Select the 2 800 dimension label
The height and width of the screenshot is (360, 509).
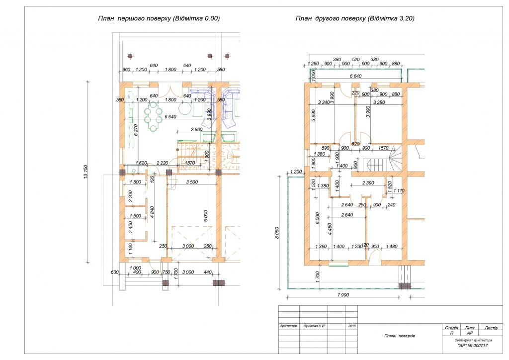197,129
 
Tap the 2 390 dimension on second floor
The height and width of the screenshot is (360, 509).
368,183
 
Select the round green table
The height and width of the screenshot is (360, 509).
185,108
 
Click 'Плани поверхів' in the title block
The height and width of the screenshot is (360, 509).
399,336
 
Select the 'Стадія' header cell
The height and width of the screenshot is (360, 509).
451,328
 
